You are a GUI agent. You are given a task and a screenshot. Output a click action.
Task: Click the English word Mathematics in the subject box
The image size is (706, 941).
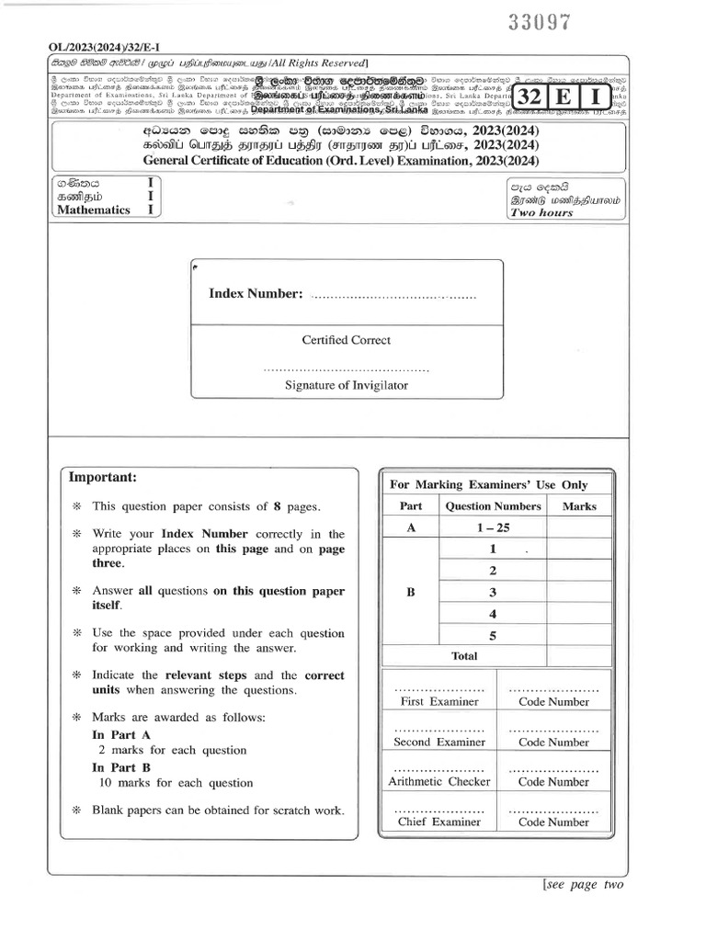tap(94, 210)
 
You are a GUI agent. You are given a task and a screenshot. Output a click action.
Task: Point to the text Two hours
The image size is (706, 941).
tap(541, 212)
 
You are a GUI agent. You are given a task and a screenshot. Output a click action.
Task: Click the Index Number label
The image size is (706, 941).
tap(256, 293)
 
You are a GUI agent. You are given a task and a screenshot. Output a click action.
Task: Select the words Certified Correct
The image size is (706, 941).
tap(347, 340)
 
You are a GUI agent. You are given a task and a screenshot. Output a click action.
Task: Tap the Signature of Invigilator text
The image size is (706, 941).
tap(347, 386)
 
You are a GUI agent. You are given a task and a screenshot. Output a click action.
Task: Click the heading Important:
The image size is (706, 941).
tap(102, 477)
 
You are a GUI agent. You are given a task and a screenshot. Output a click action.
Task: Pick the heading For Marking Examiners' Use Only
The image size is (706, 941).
tap(489, 485)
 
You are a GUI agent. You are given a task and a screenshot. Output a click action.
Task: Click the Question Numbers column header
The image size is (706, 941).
tap(493, 506)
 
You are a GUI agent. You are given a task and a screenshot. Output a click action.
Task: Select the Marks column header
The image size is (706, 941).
tap(579, 506)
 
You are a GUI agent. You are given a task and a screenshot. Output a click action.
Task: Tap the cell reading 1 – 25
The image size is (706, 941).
tap(493, 527)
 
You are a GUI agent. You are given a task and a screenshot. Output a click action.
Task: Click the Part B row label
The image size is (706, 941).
tap(411, 593)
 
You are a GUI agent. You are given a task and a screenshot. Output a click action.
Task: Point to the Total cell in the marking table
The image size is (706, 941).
tap(464, 656)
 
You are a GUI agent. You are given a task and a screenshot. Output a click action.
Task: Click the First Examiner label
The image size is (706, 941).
tap(439, 701)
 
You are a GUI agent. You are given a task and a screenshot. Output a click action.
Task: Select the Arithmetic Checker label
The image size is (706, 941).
tap(439, 782)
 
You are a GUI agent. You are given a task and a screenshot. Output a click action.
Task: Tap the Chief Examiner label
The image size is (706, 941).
tap(439, 822)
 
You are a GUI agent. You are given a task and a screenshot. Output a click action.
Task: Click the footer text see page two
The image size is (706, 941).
tap(584, 884)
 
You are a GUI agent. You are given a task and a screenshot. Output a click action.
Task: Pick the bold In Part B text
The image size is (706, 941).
tap(121, 767)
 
